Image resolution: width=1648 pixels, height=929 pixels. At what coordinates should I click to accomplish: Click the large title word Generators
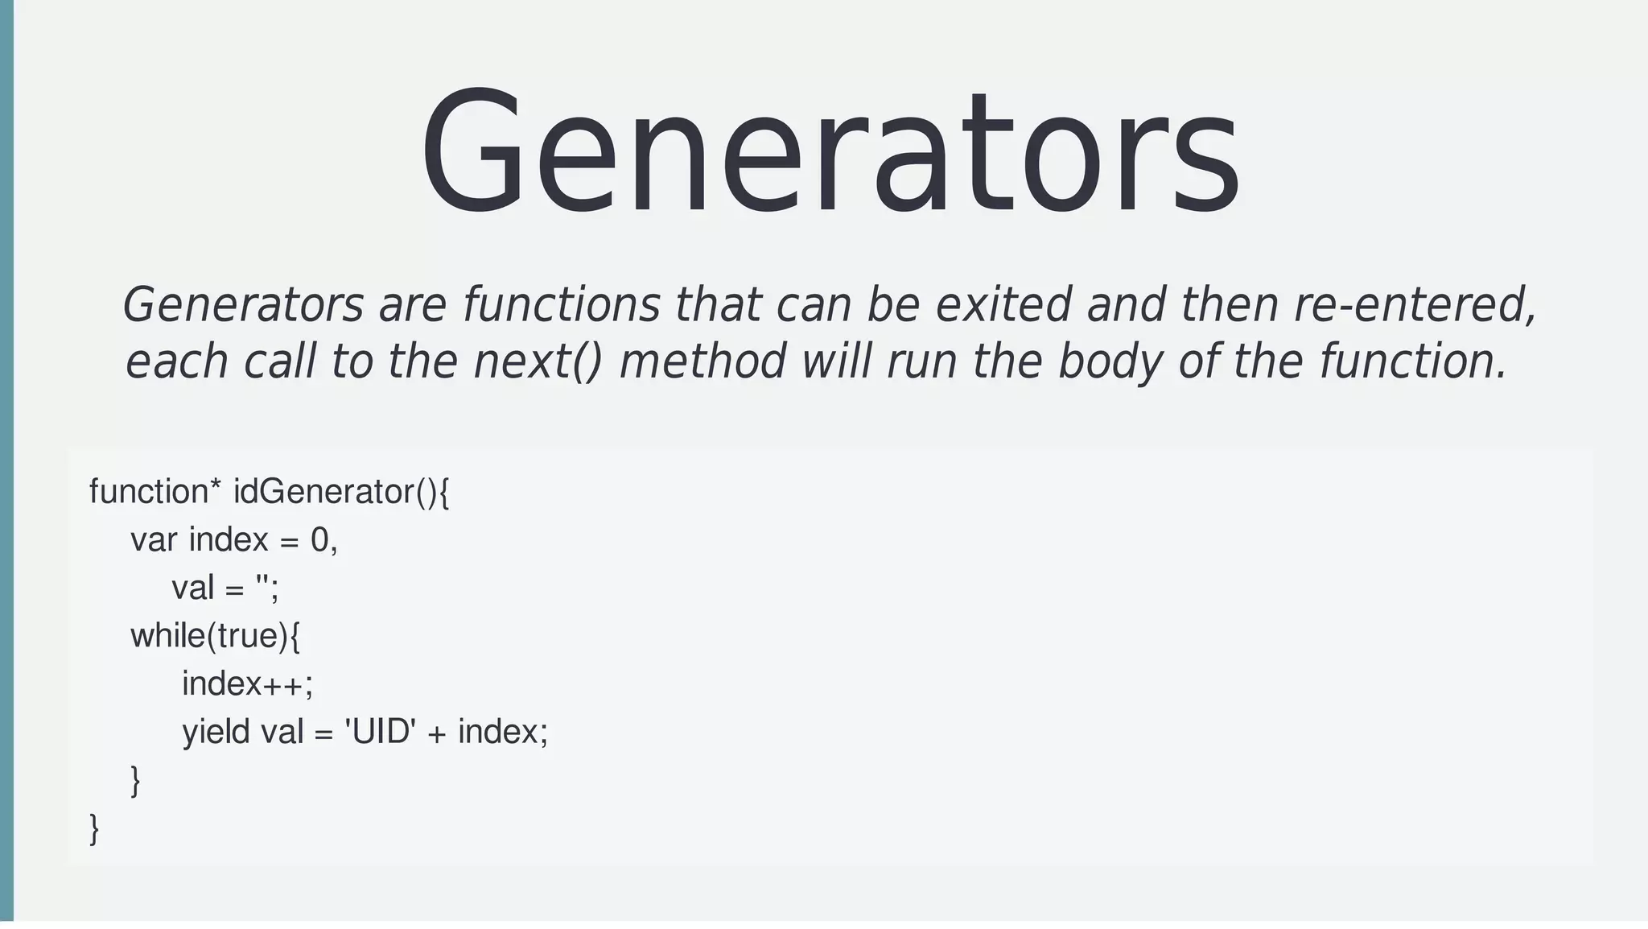829,153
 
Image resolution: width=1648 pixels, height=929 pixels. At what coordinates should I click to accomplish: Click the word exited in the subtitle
1003,305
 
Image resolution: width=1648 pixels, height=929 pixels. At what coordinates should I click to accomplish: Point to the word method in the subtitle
702,361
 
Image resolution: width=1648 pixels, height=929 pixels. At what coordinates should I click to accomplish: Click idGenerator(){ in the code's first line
341,491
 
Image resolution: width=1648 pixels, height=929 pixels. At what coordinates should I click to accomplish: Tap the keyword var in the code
153,539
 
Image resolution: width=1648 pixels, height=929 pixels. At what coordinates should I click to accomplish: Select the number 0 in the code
319,539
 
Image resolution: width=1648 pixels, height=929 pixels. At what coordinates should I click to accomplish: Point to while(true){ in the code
215,636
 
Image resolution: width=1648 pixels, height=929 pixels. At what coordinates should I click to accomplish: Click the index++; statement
247,684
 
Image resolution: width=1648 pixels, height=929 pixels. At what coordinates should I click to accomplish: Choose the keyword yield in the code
215,733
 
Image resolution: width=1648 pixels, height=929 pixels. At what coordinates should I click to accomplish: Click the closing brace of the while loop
135,781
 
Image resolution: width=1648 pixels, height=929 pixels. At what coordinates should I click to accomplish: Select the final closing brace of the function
94,828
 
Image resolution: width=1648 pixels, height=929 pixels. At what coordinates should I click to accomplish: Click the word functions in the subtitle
561,305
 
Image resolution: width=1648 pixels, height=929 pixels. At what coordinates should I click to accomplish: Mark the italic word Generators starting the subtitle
243,305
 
